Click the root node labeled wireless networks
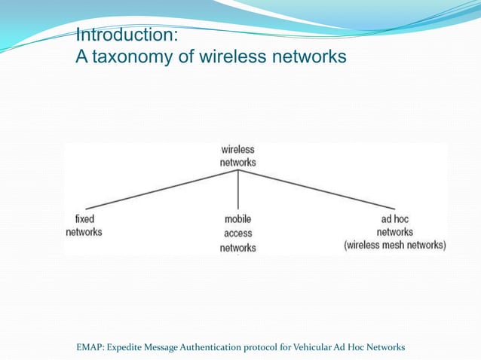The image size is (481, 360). click(237, 156)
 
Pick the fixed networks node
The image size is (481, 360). click(84, 226)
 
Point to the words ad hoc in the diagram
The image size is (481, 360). click(394, 219)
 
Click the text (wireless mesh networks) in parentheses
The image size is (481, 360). click(394, 246)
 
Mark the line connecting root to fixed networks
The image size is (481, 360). click(161, 189)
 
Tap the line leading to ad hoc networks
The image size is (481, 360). click(317, 189)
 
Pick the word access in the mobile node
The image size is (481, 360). click(237, 233)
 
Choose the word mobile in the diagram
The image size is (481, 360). click(237, 220)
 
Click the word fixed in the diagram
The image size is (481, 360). click(84, 219)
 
